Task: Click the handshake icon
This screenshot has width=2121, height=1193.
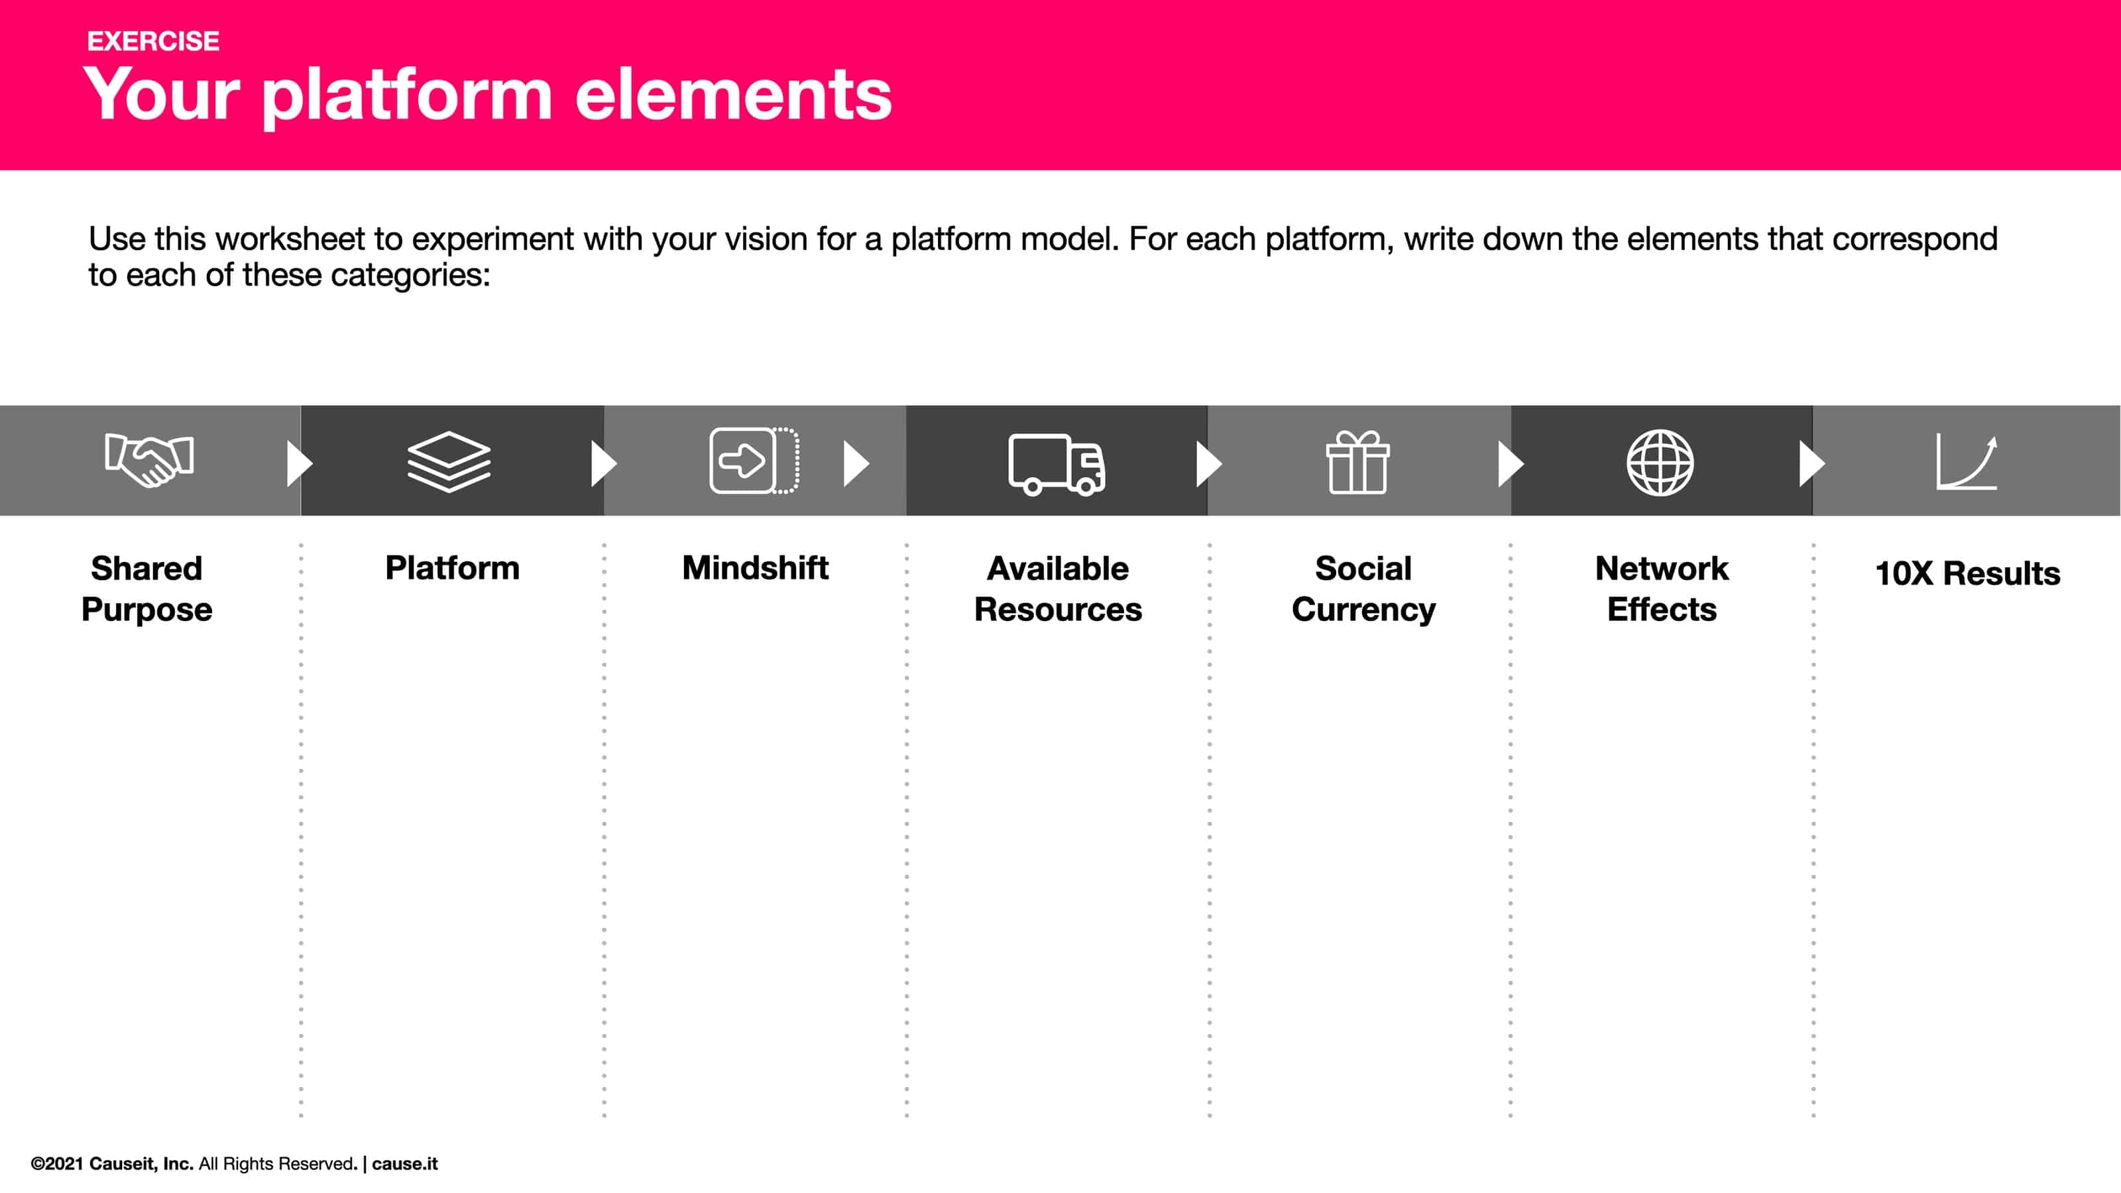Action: (149, 459)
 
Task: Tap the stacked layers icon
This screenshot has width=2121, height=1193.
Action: (449, 461)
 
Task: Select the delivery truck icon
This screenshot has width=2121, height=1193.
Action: (1057, 463)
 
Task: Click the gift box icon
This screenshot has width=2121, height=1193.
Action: (1357, 462)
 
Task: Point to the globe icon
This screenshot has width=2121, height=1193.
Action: (1660, 462)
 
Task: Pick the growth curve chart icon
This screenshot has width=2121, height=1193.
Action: (1966, 462)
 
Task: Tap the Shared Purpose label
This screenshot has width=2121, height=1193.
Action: (146, 589)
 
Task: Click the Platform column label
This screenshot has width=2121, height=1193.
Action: (452, 568)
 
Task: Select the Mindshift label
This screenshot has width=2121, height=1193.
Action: (755, 568)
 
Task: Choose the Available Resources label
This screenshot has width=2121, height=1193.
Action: (1058, 589)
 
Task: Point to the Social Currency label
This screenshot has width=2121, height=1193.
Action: (1363, 589)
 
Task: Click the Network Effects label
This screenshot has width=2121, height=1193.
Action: (1662, 589)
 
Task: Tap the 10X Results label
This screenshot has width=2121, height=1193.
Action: (1967, 573)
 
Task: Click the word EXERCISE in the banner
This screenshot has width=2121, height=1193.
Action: (153, 41)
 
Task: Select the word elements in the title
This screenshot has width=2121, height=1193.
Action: (733, 95)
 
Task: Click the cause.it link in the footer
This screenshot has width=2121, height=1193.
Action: (404, 1163)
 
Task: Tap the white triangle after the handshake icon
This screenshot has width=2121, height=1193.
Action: (298, 463)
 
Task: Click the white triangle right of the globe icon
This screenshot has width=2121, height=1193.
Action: (1811, 463)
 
